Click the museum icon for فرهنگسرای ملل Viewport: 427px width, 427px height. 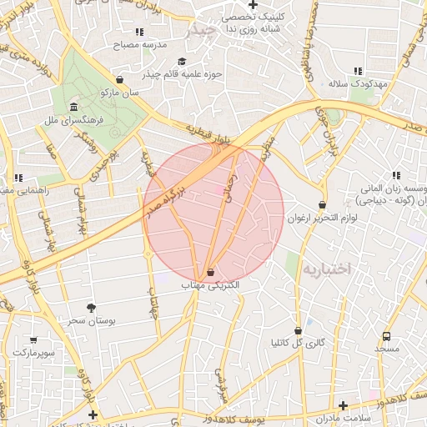74,108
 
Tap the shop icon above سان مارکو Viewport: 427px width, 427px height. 120,80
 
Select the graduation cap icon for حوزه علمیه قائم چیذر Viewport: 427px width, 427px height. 183,61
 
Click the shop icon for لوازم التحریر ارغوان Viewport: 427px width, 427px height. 323,205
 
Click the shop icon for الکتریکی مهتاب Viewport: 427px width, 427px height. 209,272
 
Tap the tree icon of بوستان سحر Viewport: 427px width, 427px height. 91,308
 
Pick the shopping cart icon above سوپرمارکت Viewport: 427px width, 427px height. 33,340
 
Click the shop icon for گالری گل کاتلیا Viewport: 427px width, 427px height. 298,330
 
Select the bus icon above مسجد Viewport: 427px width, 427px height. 386,336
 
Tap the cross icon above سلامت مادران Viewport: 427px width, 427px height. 342,405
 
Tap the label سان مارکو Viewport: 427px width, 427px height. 118,93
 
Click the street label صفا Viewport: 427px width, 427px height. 52,152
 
